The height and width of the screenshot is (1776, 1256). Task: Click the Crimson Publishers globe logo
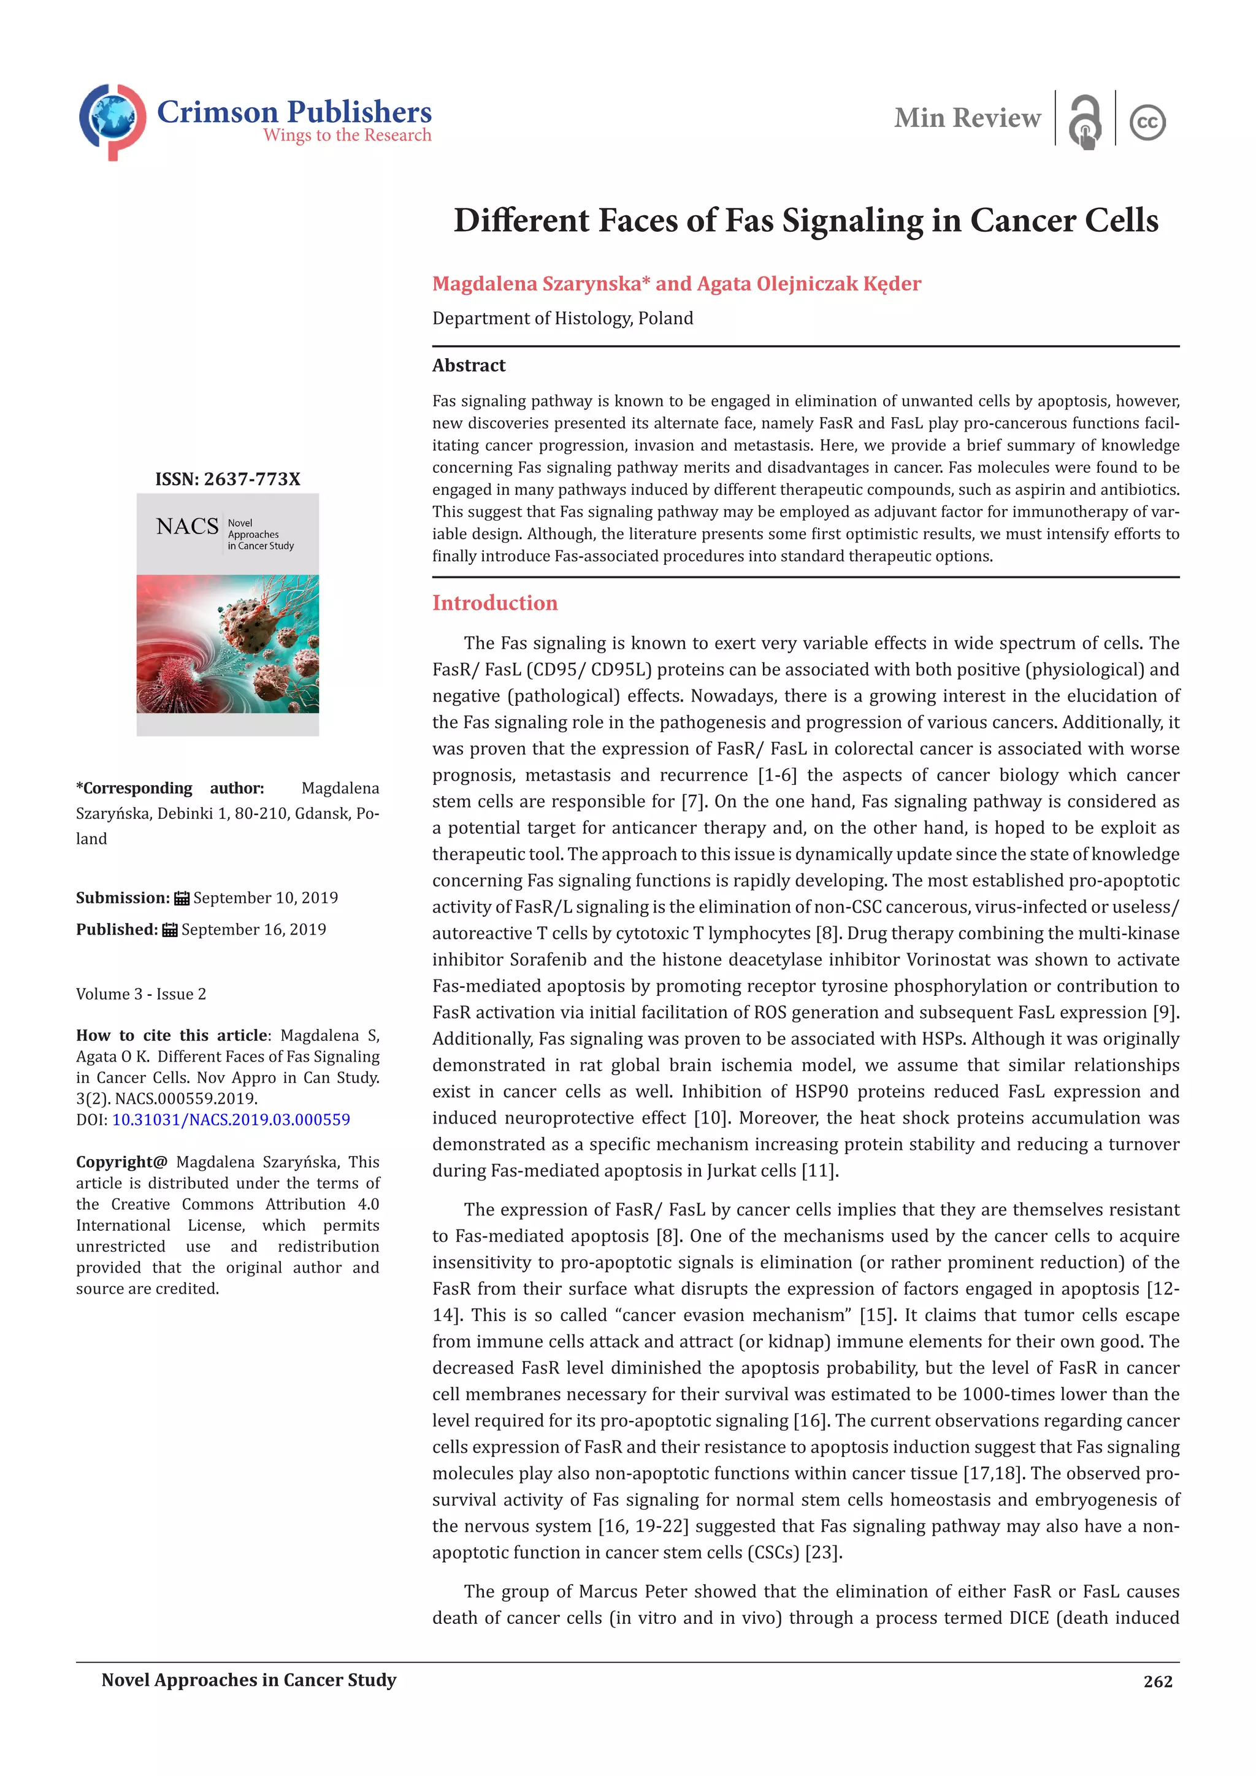click(x=112, y=121)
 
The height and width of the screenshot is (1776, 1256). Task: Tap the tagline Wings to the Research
click(x=347, y=136)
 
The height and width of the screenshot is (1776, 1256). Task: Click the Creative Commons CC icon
click(x=1147, y=122)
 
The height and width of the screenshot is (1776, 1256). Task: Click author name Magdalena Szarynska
click(x=536, y=284)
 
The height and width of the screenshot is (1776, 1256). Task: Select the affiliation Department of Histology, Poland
click(x=562, y=319)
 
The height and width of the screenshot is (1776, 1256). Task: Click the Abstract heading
click(x=469, y=365)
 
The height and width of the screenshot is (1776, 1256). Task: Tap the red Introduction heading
click(x=494, y=603)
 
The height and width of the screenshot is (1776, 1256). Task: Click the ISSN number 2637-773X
click(x=251, y=480)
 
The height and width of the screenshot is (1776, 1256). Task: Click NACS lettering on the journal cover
click(x=187, y=527)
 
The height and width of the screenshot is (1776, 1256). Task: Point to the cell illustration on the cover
click(x=228, y=643)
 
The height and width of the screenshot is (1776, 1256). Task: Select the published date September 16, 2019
click(x=254, y=930)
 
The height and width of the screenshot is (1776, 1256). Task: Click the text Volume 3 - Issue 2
click(x=141, y=994)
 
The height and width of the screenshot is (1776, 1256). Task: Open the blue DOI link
click(x=231, y=1119)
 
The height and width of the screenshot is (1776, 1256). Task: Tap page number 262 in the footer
click(x=1157, y=1682)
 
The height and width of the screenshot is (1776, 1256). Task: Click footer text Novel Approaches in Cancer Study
click(x=248, y=1680)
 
